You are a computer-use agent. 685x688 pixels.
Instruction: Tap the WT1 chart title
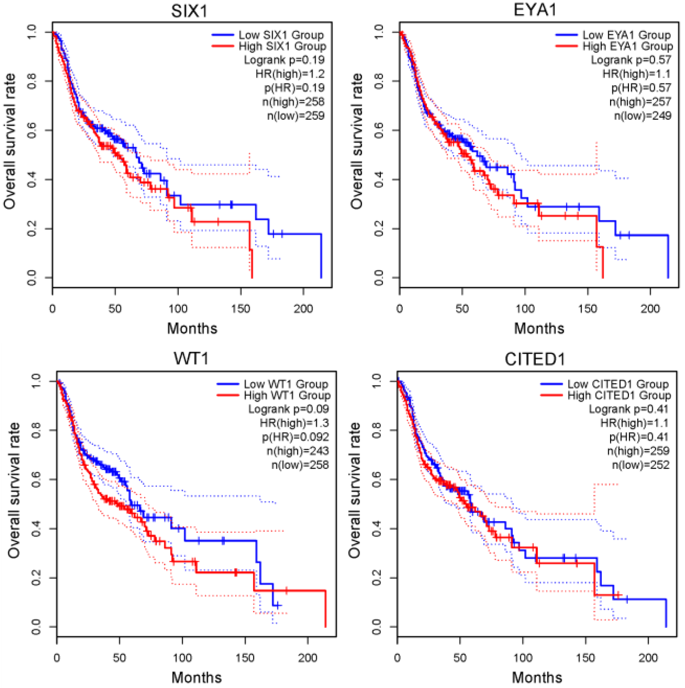tap(191, 358)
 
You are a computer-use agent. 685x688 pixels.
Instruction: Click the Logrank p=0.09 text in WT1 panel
tap(288, 409)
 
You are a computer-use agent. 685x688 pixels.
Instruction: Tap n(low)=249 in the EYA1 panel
tap(642, 116)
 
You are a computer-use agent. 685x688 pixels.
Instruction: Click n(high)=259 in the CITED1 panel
tap(638, 451)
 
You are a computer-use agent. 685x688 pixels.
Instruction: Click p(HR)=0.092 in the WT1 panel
tap(295, 437)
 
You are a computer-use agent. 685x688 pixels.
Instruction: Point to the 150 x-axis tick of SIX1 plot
tap(240, 309)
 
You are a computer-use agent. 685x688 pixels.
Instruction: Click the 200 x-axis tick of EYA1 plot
tap(650, 309)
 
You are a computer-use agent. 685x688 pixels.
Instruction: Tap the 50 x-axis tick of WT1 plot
tap(119, 658)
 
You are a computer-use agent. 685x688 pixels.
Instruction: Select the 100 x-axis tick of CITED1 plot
tap(523, 658)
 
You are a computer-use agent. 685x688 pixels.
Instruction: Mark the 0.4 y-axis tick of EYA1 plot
tap(379, 179)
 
